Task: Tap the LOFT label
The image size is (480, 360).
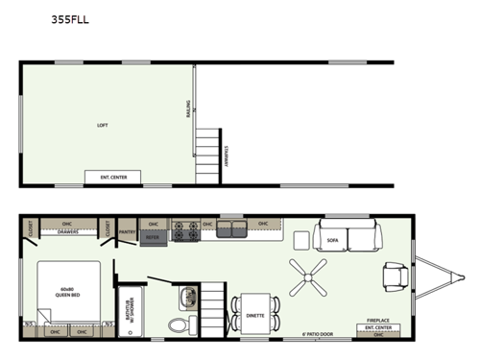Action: pos(103,126)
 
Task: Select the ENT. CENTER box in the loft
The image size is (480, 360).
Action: pos(113,177)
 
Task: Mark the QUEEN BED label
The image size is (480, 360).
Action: pos(66,291)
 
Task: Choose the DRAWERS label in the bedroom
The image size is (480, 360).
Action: pos(68,231)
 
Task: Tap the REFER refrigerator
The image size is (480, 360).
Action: pos(153,233)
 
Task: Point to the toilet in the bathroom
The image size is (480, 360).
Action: pos(177,323)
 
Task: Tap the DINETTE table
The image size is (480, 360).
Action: pos(255,314)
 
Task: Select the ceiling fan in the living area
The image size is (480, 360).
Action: pos(309,277)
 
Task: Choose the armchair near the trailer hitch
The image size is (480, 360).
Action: pos(394,276)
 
